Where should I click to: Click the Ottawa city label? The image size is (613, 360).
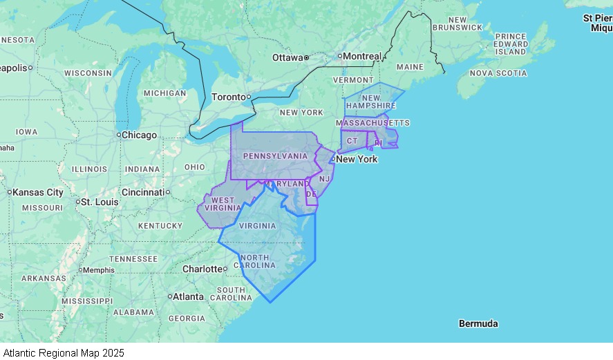[x=287, y=57]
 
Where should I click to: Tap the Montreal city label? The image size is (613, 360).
[x=362, y=56]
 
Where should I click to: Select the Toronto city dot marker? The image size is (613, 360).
[x=249, y=97]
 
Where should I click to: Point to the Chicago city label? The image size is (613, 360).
[x=139, y=135]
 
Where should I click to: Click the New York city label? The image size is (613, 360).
[x=357, y=159]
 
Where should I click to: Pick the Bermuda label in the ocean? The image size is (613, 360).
[x=478, y=323]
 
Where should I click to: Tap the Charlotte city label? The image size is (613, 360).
[x=202, y=269]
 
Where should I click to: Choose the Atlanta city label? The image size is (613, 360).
[x=188, y=296]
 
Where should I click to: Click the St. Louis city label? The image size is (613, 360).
[x=100, y=202]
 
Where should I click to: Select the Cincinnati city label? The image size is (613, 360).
[x=142, y=191]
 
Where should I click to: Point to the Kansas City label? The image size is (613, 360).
[x=38, y=192]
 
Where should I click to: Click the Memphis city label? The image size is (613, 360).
[x=99, y=270]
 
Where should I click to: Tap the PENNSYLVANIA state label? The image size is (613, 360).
[x=275, y=156]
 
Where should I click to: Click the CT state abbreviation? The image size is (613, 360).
[x=352, y=141]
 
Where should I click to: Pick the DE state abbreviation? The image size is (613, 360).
[x=311, y=194]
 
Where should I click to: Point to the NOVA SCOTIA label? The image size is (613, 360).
[x=498, y=73]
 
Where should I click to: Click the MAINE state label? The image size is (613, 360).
[x=410, y=67]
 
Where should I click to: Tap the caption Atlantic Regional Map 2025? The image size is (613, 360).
[x=64, y=352]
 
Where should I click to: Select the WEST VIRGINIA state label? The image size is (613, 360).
[x=223, y=204]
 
